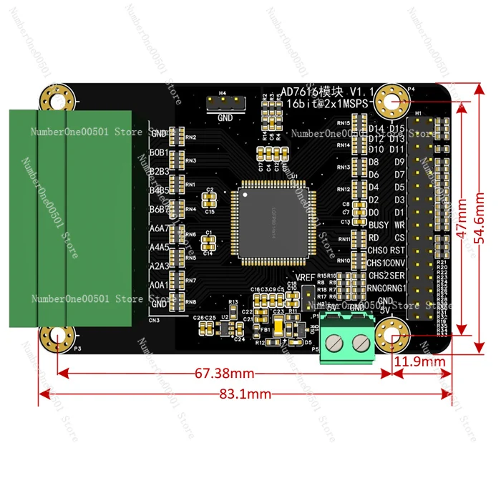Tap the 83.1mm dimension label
pyautogui.click(x=245, y=394)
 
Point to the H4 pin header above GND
pyautogui.click(x=224, y=104)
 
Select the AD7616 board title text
pyautogui.click(x=308, y=92)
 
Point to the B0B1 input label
pyautogui.click(x=158, y=152)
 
